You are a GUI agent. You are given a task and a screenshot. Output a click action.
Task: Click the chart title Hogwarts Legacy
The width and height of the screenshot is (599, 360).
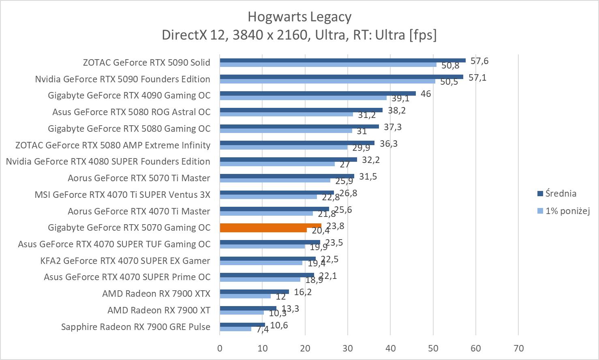click(x=299, y=17)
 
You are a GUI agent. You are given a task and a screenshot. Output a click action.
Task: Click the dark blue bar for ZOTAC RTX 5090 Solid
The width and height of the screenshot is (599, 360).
click(x=342, y=60)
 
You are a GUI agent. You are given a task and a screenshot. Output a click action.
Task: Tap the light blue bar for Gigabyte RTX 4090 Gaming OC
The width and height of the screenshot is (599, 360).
click(x=303, y=98)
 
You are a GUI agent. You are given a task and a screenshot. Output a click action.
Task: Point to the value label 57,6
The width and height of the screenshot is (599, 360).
click(x=479, y=61)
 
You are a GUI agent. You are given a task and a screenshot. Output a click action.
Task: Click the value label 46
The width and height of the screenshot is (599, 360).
click(x=426, y=94)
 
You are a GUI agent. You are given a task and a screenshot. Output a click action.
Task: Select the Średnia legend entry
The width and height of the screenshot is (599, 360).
click(x=560, y=193)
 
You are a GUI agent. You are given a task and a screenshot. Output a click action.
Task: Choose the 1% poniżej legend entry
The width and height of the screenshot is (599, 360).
click(x=567, y=211)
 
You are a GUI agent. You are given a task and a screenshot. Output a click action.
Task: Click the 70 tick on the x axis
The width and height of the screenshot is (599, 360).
click(x=518, y=348)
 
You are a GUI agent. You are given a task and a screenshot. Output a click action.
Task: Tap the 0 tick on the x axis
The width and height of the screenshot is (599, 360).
click(x=220, y=348)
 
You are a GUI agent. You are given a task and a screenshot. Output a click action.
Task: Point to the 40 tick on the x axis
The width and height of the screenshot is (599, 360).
click(x=390, y=348)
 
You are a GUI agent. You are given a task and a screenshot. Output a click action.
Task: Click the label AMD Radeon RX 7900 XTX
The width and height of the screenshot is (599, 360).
click(x=156, y=294)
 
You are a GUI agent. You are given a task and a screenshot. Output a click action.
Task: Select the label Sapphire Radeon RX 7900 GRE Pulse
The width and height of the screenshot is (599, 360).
click(x=136, y=327)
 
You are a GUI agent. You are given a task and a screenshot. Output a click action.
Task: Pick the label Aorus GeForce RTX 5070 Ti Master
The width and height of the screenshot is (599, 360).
click(x=139, y=178)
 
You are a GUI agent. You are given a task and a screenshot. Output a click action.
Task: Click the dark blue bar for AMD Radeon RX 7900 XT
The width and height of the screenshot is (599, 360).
click(x=248, y=308)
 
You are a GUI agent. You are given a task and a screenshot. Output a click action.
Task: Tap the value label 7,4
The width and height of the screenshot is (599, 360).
click(x=262, y=329)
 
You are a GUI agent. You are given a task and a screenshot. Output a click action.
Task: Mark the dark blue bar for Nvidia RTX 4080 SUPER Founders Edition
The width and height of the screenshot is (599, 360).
click(x=288, y=159)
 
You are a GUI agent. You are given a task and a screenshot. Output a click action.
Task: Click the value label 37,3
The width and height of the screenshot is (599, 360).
click(x=393, y=127)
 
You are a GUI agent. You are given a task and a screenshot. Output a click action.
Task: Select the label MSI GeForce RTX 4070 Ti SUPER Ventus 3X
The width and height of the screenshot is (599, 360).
click(x=122, y=195)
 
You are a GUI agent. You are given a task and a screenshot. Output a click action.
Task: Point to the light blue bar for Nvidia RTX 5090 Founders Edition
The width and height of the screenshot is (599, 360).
click(x=327, y=81)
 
